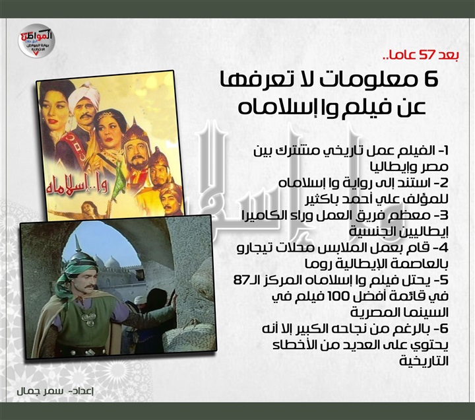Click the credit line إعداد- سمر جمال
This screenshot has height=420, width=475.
click(x=55, y=392)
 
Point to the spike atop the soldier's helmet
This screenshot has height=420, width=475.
click(x=76, y=245)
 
